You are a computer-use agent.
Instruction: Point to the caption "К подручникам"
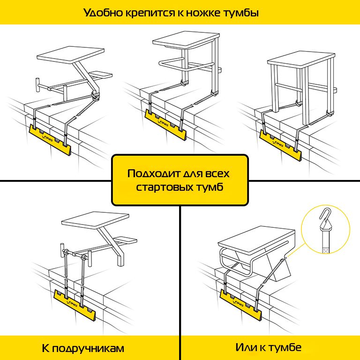[x=83, y=348]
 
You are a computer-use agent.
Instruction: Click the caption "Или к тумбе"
[x=269, y=348]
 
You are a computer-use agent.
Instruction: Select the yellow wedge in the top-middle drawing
[x=164, y=124]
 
